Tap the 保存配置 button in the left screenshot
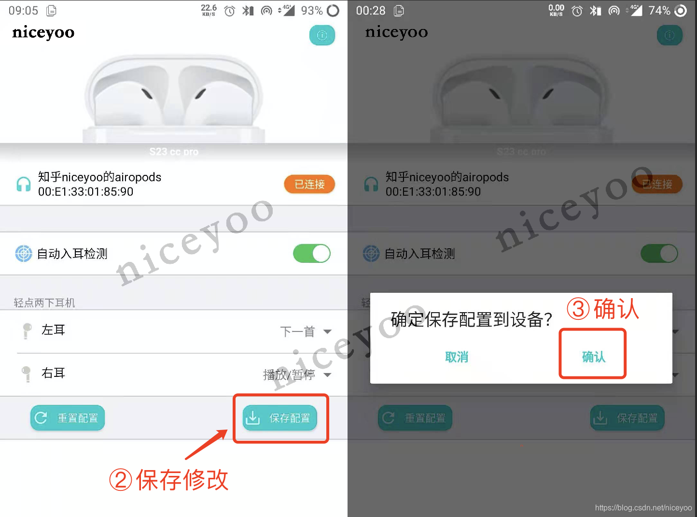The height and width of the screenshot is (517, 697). click(x=280, y=418)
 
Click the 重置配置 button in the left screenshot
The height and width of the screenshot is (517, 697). click(x=68, y=418)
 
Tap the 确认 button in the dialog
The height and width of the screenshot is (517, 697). click(x=593, y=357)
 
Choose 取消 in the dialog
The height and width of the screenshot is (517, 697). click(x=457, y=357)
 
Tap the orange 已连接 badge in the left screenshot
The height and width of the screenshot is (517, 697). click(x=309, y=184)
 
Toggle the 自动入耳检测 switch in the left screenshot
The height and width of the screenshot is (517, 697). click(x=312, y=253)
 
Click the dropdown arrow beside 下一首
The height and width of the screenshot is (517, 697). click(x=327, y=331)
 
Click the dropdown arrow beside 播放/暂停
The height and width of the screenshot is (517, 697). click(x=327, y=375)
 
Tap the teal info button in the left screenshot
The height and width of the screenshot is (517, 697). click(x=322, y=35)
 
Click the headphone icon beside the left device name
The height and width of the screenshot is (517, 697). click(x=24, y=184)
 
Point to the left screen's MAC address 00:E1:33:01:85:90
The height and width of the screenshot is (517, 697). click(x=86, y=192)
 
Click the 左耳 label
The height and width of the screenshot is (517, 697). click(x=53, y=330)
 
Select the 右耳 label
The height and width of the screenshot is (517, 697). click(x=53, y=373)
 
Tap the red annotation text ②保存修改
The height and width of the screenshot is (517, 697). click(x=169, y=480)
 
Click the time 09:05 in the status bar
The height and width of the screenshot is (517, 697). click(x=23, y=11)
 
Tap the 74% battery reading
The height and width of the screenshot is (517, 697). click(x=659, y=11)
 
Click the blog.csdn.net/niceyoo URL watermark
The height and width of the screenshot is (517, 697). click(x=643, y=508)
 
